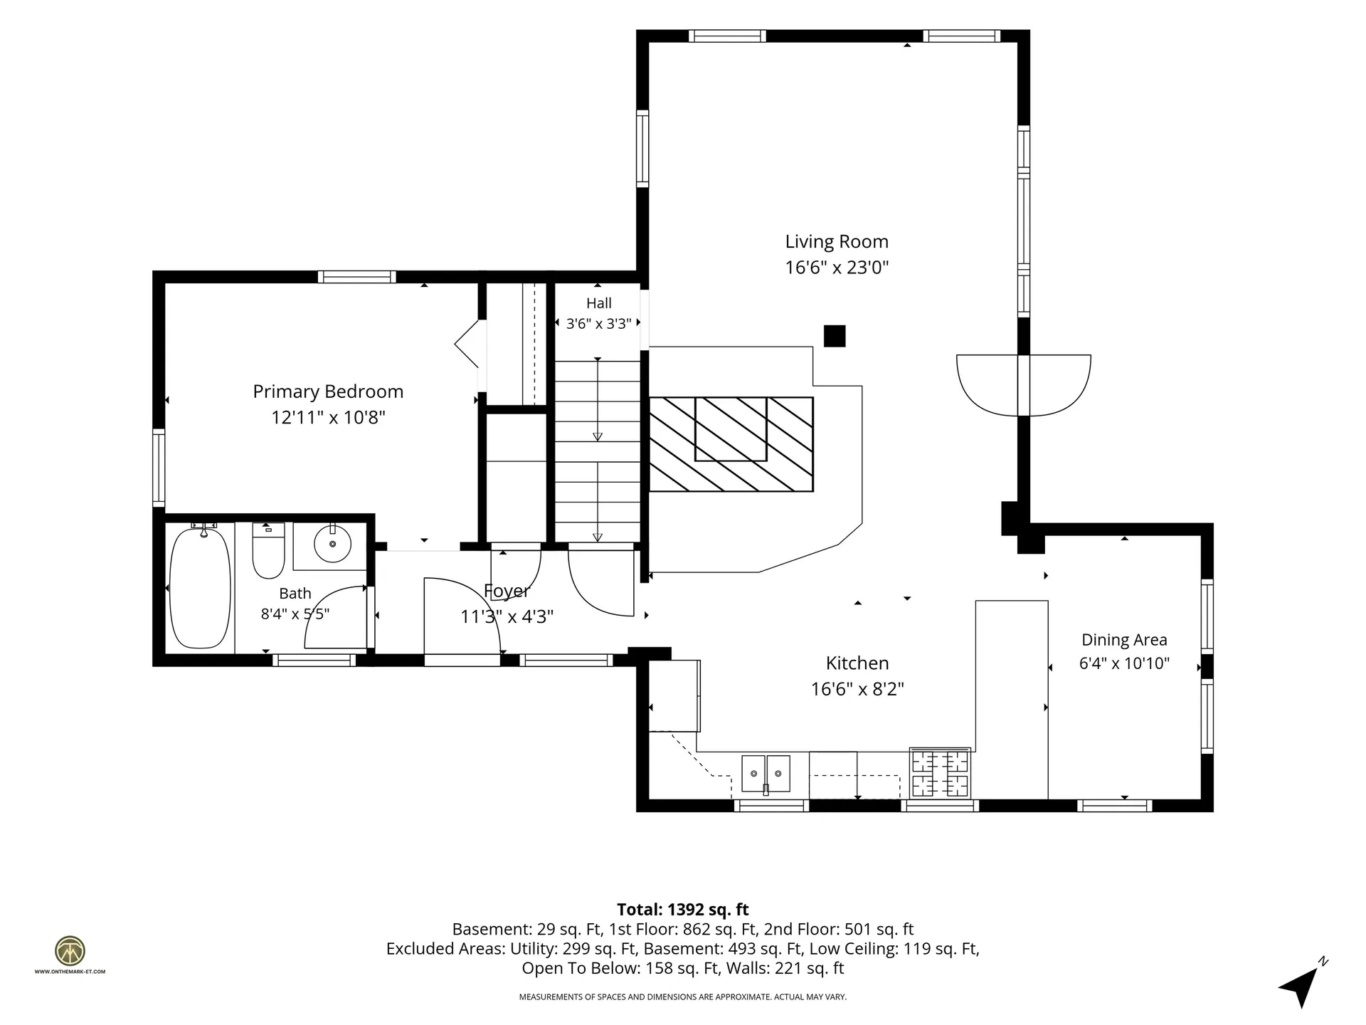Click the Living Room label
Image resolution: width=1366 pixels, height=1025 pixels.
837,242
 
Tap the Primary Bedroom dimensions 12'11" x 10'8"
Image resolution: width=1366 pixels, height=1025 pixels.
328,417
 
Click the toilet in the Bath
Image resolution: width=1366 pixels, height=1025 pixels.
268,550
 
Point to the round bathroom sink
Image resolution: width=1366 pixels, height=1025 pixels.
332,543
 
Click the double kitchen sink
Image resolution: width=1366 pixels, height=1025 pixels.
766,774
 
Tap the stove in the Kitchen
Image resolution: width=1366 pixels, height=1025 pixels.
941,772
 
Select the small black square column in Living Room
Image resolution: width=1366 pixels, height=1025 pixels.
835,336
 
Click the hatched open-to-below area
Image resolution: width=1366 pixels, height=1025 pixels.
731,444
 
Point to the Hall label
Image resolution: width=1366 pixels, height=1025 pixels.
599,303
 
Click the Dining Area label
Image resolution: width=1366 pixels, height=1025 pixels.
1124,640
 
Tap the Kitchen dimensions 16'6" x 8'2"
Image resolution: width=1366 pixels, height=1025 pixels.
857,689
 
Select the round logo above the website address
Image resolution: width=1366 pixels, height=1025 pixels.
70,951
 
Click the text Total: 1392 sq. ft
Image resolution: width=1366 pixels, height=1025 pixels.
683,910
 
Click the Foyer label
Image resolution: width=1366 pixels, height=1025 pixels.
507,591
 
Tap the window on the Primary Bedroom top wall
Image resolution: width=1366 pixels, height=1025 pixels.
357,277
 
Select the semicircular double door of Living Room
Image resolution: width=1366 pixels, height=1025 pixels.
1024,385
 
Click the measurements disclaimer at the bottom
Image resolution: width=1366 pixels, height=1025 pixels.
683,997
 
